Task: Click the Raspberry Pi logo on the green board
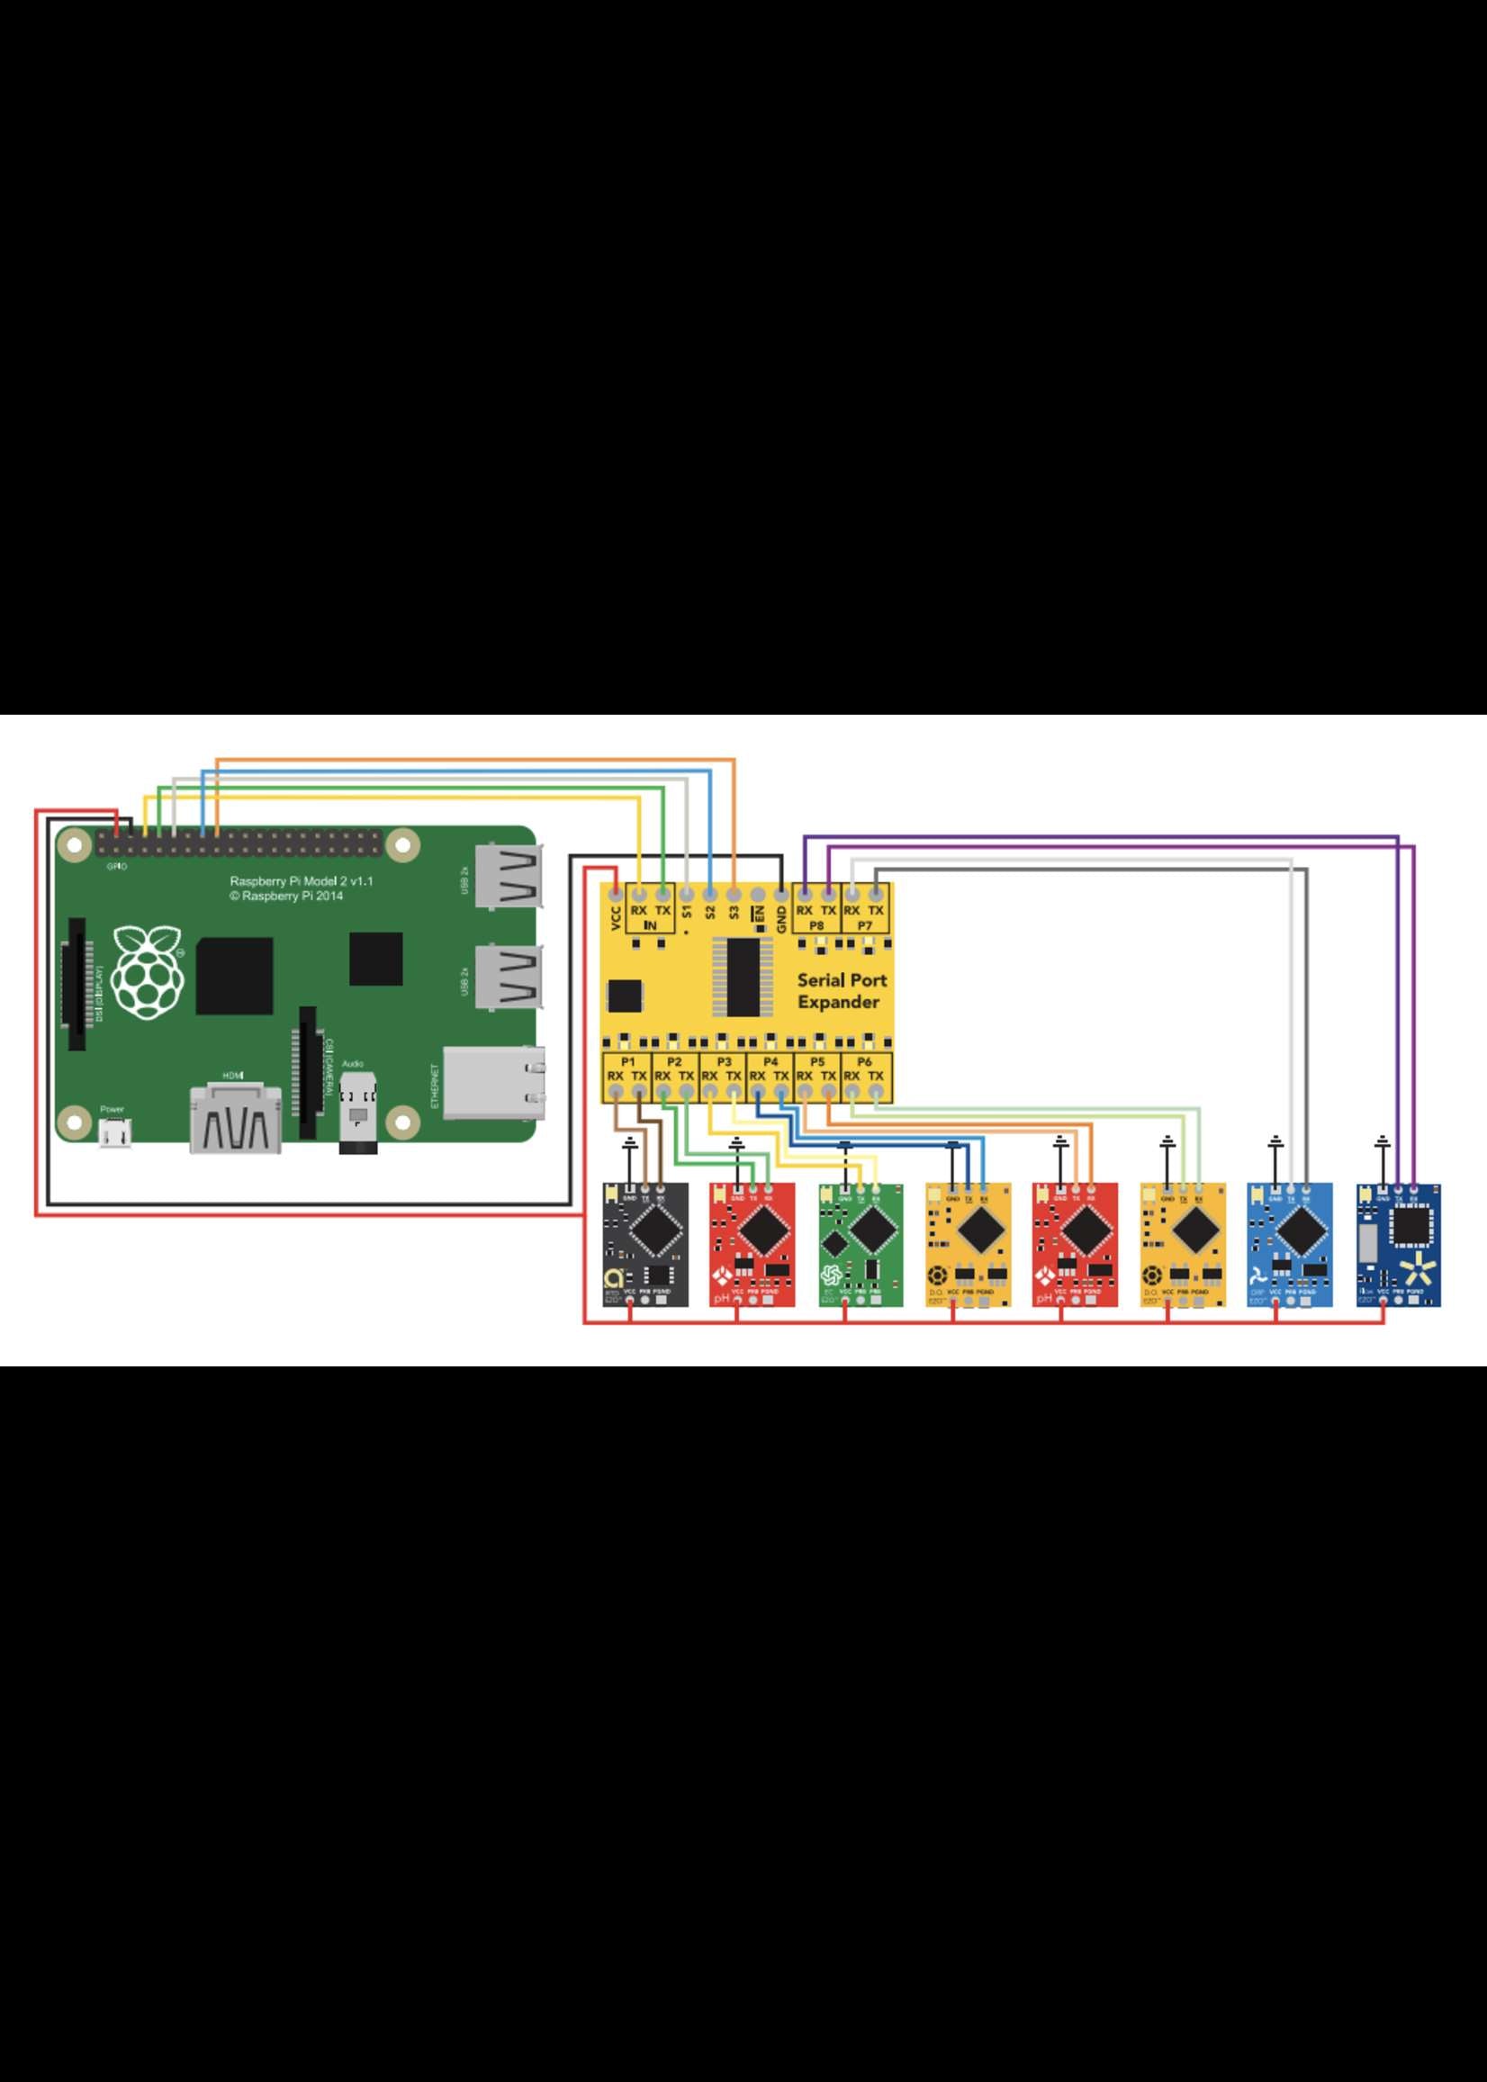[147, 972]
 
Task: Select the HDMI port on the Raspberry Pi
[234, 1120]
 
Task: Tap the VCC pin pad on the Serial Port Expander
[617, 893]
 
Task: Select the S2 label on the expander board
[709, 913]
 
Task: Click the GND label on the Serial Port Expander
[781, 918]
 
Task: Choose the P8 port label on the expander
[816, 925]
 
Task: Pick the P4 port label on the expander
[771, 1062]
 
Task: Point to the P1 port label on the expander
[628, 1062]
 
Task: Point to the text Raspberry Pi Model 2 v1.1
[302, 880]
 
